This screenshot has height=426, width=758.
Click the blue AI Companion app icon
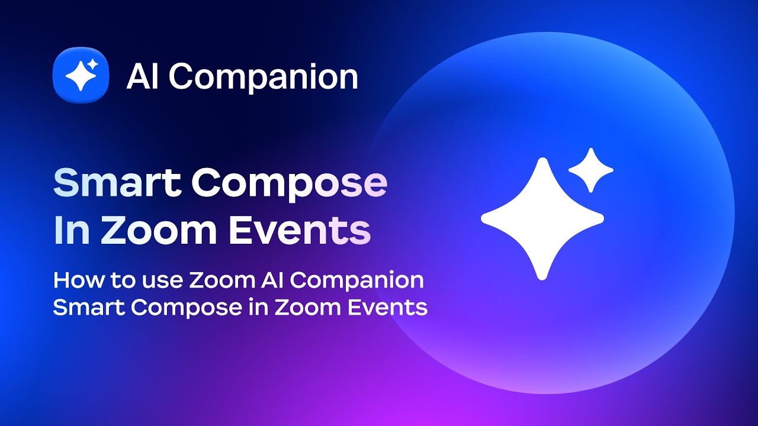(x=81, y=75)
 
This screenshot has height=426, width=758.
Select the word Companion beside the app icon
(x=264, y=78)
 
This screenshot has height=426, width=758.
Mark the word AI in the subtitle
(x=266, y=280)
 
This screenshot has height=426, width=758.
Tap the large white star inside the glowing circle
(x=542, y=218)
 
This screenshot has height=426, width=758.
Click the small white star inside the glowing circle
(x=590, y=170)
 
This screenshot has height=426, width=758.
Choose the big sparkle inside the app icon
(x=78, y=78)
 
